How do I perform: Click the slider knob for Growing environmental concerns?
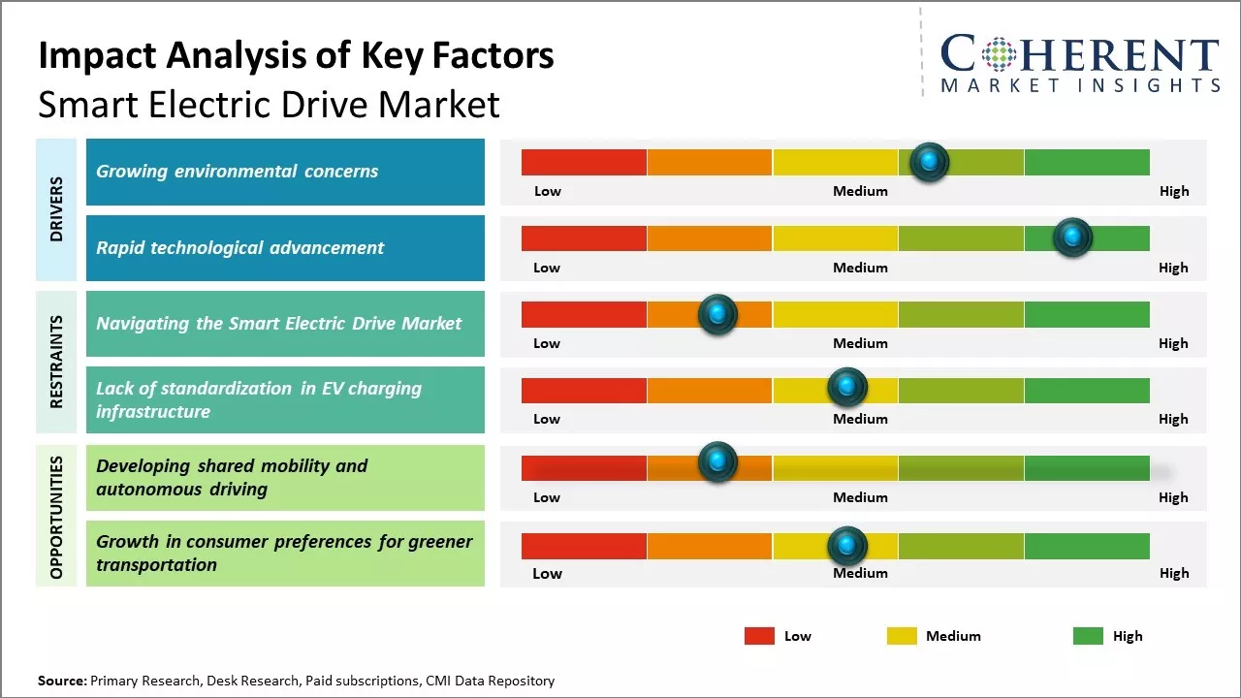(930, 162)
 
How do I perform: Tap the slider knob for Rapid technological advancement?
(1072, 238)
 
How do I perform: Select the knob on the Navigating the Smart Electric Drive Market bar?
(717, 314)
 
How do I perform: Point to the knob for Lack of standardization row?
(847, 388)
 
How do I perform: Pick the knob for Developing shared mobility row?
(717, 462)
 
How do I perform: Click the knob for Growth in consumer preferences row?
(847, 546)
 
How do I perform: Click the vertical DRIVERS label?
(56, 209)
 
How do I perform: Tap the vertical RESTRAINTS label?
(56, 362)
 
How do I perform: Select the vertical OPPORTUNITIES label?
(56, 517)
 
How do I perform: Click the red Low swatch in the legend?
(759, 636)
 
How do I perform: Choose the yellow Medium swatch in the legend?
(902, 636)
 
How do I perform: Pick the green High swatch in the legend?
(1088, 636)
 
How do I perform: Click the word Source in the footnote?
(61, 681)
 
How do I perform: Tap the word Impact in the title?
(96, 56)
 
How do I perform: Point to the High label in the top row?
(1174, 191)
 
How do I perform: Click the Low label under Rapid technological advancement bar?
(547, 268)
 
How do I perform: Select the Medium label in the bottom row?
(860, 573)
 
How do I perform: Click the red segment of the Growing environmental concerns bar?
(584, 162)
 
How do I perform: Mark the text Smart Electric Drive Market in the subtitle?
(269, 105)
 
